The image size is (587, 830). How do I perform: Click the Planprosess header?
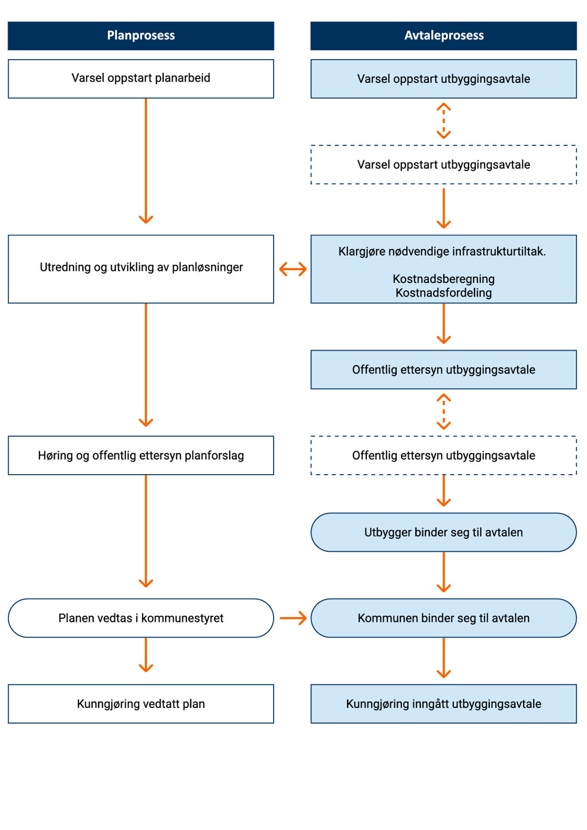140,36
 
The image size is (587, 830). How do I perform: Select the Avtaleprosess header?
443,36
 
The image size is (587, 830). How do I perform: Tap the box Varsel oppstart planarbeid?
140,79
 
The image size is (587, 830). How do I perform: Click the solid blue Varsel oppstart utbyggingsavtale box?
443,79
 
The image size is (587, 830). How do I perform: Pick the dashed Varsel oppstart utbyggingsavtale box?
443,165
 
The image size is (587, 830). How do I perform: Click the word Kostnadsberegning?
443,279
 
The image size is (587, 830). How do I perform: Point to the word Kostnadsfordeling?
443,292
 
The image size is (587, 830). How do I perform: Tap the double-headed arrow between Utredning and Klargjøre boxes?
292,269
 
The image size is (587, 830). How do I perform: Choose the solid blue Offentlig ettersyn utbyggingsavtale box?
443,369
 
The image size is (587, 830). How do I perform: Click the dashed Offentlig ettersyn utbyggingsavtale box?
443,455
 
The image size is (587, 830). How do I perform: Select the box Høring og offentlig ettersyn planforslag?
140,455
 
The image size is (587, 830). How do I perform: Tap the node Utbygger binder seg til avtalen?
443,532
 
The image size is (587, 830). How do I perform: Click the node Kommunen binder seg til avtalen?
443,618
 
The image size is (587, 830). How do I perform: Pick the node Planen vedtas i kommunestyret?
140,618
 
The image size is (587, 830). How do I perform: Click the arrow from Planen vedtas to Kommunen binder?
292,618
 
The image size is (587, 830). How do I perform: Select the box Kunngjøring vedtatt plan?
140,704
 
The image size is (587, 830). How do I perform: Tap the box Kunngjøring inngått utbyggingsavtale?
443,704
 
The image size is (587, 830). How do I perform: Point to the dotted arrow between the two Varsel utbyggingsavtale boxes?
443,121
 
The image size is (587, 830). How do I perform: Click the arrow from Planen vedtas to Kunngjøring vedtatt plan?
146,655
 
